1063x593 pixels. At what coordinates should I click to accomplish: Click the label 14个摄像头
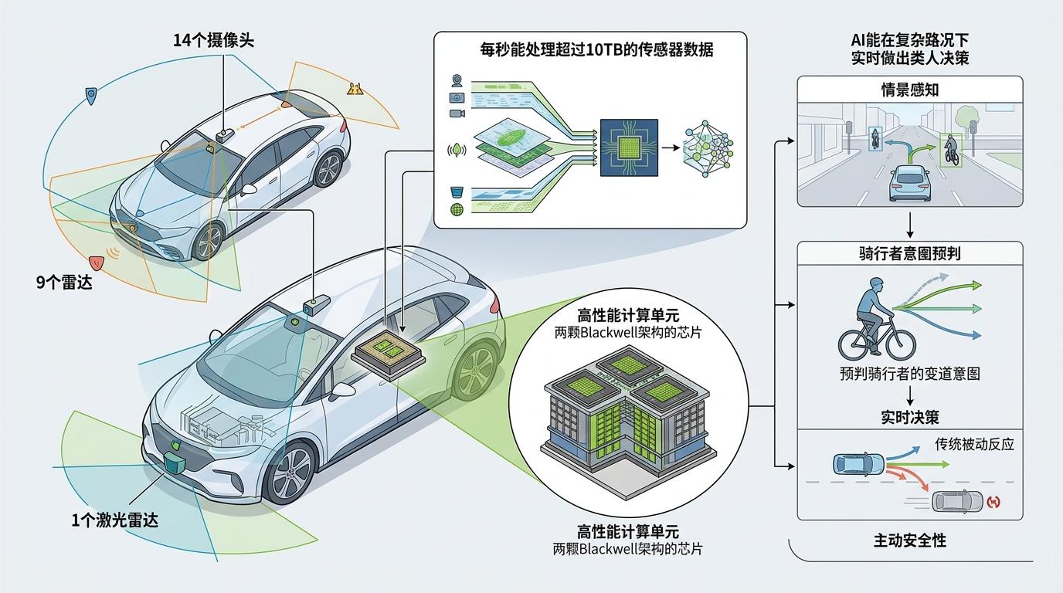tap(214, 41)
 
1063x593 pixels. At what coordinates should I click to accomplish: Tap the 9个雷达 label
tap(64, 283)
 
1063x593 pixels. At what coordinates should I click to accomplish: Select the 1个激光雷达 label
tap(114, 520)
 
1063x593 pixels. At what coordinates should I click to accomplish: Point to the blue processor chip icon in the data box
tap(629, 146)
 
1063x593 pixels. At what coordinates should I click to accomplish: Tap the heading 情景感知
tap(910, 90)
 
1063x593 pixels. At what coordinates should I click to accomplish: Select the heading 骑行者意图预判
tap(910, 253)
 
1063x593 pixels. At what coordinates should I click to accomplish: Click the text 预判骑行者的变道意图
tap(910, 374)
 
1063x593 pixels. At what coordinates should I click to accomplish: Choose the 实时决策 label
tap(910, 417)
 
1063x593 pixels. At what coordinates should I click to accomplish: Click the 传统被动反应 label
tap(974, 444)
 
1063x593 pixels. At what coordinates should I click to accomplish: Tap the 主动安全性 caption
tap(910, 540)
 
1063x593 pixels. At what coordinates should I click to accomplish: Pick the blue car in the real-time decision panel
tap(858, 464)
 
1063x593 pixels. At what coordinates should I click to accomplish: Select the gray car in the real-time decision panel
tap(958, 501)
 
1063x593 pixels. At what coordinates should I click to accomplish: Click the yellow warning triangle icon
tap(355, 89)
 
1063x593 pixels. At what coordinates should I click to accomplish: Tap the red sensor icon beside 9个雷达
tap(97, 261)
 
